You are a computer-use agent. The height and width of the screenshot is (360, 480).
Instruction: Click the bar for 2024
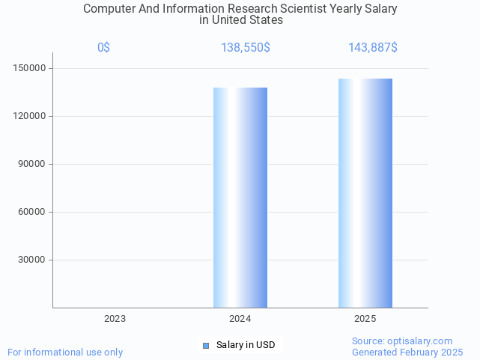240,198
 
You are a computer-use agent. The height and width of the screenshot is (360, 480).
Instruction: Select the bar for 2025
365,193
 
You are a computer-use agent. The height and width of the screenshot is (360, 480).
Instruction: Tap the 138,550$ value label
246,48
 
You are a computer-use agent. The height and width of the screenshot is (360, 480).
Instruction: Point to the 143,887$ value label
373,48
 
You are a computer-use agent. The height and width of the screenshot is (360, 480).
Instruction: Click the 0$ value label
104,48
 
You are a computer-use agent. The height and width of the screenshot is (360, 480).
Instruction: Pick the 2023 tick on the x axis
115,319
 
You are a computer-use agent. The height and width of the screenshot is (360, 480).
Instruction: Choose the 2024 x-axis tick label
240,319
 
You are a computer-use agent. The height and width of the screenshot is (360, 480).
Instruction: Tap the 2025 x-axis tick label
365,319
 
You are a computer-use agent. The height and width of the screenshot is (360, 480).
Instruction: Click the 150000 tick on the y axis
31,69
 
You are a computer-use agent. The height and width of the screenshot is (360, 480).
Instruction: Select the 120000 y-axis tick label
31,117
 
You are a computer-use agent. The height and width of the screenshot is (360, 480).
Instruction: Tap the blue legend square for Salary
207,345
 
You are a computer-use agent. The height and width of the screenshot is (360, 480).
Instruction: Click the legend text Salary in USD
246,345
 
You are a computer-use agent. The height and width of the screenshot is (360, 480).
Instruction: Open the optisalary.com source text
402,341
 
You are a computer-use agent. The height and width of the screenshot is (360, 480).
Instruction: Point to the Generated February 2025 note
407,352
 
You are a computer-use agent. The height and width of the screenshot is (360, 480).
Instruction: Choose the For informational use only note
65,352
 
